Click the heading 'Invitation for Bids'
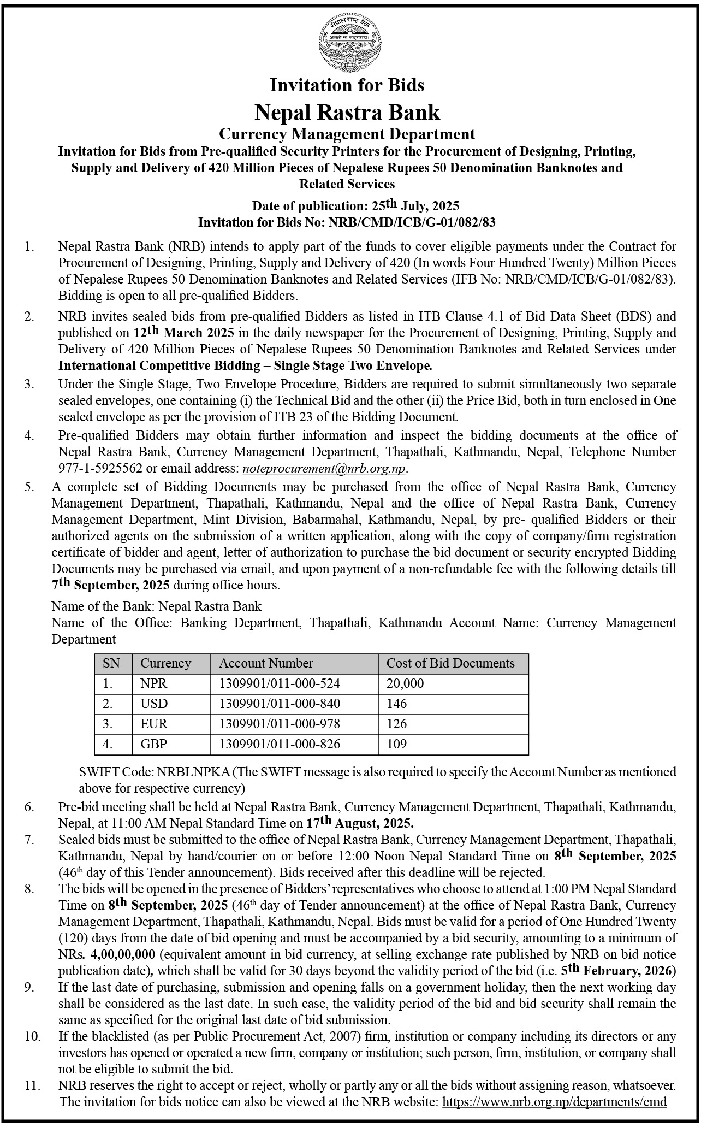(347, 85)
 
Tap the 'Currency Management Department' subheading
(347, 133)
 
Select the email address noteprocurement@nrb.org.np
(324, 468)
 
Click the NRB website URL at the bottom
(554, 1101)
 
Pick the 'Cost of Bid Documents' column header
(450, 663)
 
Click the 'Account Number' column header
(266, 663)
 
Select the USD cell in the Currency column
(154, 704)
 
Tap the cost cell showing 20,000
(405, 683)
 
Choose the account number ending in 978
(279, 724)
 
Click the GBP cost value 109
(397, 744)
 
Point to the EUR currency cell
(154, 724)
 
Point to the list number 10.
(33, 1036)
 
